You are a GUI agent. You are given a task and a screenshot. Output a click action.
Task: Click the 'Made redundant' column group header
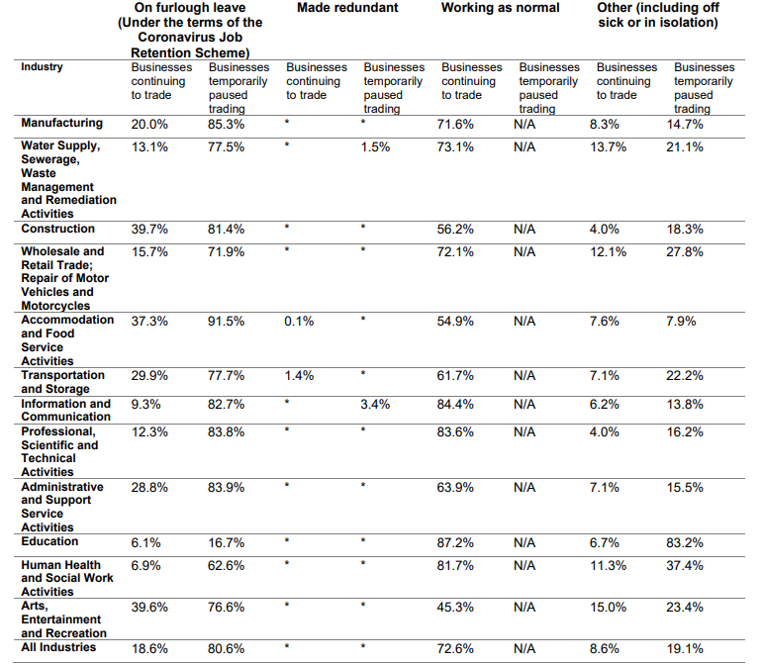[347, 8]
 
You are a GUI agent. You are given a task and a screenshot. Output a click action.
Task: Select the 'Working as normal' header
[500, 8]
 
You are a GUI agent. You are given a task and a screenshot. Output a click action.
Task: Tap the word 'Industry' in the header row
[42, 67]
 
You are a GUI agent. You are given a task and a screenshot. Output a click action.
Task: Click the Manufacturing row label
[61, 123]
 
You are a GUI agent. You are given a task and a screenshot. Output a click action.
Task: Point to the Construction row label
[57, 229]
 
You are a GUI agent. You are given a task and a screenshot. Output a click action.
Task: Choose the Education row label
[49, 541]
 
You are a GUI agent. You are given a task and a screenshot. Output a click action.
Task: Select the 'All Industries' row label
[58, 647]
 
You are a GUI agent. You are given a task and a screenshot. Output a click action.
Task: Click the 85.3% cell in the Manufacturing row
[226, 125]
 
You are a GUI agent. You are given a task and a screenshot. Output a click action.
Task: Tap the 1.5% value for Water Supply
[375, 147]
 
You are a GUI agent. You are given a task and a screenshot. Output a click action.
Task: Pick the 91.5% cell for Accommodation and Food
[226, 322]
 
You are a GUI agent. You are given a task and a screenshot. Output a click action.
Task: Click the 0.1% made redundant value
[299, 322]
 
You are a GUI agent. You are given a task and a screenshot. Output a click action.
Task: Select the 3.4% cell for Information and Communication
[375, 404]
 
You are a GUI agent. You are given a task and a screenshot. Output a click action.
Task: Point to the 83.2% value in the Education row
[685, 543]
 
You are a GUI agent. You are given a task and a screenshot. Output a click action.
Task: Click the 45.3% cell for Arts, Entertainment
[455, 608]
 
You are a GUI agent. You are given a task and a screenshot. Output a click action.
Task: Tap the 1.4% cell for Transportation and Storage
[299, 376]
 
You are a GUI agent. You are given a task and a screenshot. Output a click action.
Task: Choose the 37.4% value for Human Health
[685, 566]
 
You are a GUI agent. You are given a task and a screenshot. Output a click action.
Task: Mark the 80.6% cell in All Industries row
[226, 649]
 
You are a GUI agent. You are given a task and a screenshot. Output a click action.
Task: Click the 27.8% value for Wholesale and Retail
[685, 252]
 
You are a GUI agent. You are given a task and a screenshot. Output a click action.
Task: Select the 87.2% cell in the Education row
[455, 543]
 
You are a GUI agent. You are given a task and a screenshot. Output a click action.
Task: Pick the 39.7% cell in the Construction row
[149, 230]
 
